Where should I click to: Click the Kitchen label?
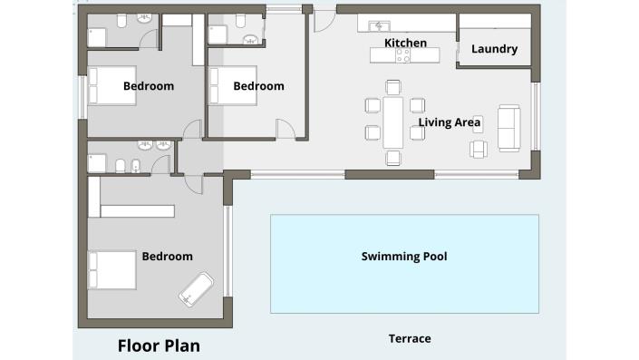405,43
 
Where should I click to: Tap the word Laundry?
494,49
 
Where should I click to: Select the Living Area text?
450,122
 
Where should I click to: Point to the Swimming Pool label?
404,257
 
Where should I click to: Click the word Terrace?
410,338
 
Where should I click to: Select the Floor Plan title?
159,345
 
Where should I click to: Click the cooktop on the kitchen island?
402,55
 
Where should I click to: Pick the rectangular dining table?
392,122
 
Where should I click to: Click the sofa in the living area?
508,128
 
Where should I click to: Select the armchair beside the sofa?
479,148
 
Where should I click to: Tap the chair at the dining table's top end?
392,87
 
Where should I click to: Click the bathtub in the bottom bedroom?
197,288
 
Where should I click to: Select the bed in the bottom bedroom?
111,270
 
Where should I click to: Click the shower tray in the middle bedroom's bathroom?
217,34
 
